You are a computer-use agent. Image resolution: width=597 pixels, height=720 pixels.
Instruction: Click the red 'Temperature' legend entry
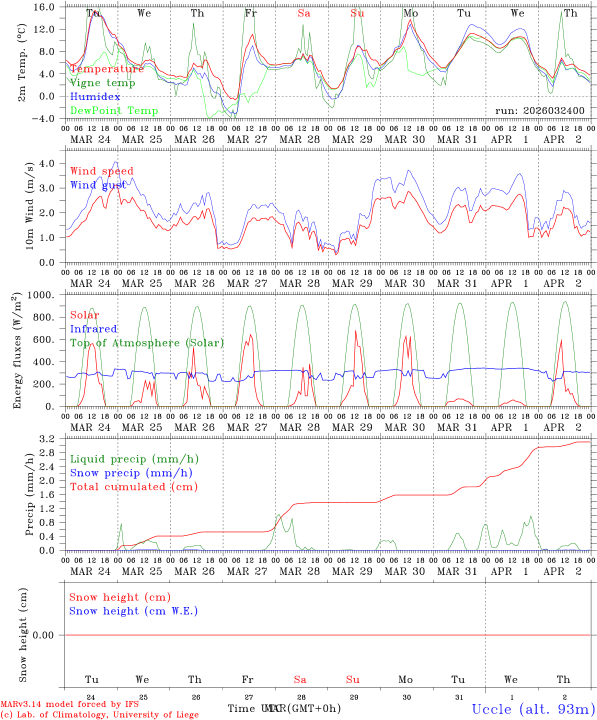pos(106,69)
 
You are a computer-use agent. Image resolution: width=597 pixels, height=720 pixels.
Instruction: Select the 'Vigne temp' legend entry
pos(102,83)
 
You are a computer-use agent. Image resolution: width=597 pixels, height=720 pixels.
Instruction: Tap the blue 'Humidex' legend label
pos(95,97)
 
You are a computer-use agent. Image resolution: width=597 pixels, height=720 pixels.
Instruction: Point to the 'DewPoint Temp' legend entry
pos(114,111)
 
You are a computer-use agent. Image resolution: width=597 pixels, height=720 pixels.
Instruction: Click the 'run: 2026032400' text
pos(539,111)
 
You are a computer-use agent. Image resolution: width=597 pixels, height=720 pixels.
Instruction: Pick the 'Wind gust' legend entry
pos(98,185)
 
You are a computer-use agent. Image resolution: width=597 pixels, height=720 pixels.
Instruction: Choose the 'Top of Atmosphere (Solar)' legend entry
pos(146,343)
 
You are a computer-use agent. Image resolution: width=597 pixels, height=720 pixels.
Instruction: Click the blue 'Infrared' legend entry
pos(93,329)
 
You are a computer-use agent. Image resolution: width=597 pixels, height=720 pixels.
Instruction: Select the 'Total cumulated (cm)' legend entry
pos(133,487)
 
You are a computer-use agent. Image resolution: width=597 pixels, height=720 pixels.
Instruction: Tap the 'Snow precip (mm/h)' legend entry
pos(131,473)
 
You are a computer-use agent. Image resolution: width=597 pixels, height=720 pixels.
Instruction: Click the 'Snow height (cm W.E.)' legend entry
pos(133,611)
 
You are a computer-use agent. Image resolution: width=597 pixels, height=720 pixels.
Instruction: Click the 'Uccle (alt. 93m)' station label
pos(533,709)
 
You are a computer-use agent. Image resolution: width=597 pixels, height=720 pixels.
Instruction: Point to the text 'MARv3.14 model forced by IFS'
pos(69,704)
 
